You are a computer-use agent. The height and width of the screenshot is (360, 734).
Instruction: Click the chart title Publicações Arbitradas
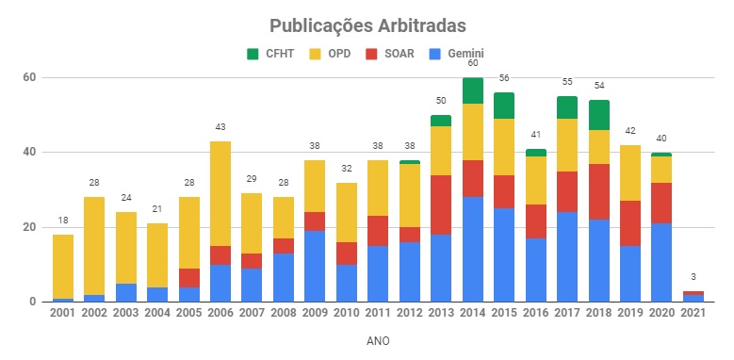click(367, 25)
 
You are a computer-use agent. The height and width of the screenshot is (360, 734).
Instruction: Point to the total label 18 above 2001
click(63, 221)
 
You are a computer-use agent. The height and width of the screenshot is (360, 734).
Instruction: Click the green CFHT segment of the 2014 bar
click(473, 90)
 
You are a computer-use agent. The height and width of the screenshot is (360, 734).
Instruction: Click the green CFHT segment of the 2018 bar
click(598, 114)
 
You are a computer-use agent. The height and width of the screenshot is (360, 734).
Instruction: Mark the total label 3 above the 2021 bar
click(693, 277)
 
